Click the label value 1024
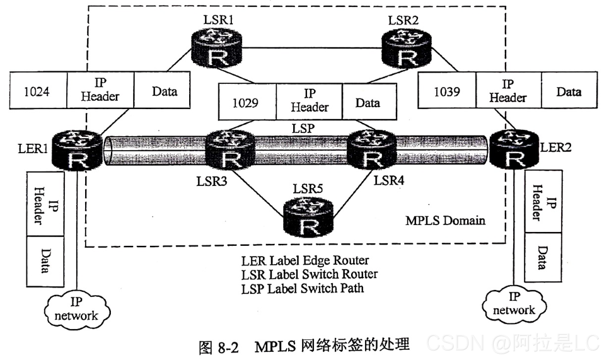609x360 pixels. (38, 91)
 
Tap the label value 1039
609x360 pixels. (447, 91)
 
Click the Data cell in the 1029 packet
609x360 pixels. (368, 102)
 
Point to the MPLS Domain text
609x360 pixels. (445, 221)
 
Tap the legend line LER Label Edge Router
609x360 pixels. (305, 260)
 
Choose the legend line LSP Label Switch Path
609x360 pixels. (303, 288)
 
